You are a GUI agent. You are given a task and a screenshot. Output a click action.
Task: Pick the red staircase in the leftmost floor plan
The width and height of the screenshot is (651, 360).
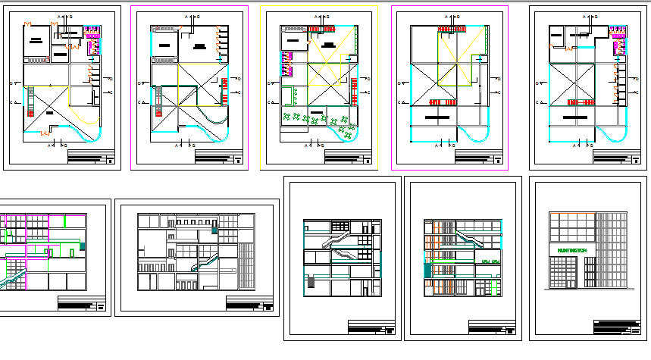tap(30, 102)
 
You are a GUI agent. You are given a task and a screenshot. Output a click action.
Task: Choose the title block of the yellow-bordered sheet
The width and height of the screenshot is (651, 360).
tap(348, 156)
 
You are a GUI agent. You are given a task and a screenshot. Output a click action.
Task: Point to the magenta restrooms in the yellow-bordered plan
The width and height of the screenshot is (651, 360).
tap(287, 64)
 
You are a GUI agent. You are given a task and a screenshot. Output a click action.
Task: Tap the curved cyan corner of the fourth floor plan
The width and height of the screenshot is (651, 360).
tap(477, 135)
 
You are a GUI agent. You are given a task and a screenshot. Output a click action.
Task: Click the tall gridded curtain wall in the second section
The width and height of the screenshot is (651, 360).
tap(247, 265)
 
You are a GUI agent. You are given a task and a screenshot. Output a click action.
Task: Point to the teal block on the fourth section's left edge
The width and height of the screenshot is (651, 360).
tap(427, 269)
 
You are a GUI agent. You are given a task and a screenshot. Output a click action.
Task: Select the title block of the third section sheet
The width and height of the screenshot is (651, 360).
tap(372, 327)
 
